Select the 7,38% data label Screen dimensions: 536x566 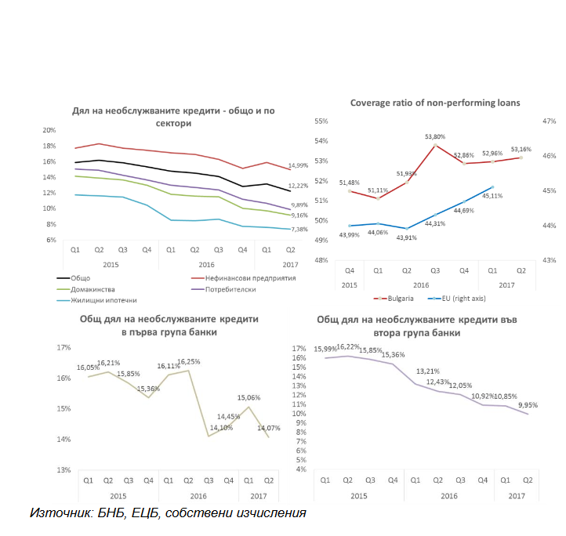(298, 230)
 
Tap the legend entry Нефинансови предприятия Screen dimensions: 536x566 (242, 277)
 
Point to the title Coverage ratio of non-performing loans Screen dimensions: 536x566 (434, 103)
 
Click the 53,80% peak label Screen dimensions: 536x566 (436, 136)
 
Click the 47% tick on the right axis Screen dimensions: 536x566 (549, 121)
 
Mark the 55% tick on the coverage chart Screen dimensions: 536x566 (321, 121)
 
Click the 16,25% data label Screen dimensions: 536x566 (188, 362)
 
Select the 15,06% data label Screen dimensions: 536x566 (249, 398)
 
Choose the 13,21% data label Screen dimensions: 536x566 (426, 371)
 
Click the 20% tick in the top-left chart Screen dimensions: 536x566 (49, 130)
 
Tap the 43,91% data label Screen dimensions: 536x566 (407, 237)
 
